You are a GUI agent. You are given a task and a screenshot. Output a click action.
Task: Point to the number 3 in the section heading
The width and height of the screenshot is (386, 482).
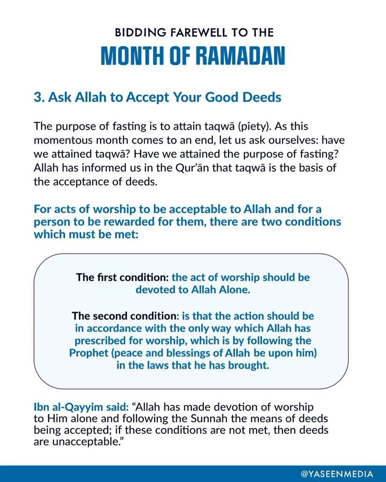pyautogui.click(x=38, y=98)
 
